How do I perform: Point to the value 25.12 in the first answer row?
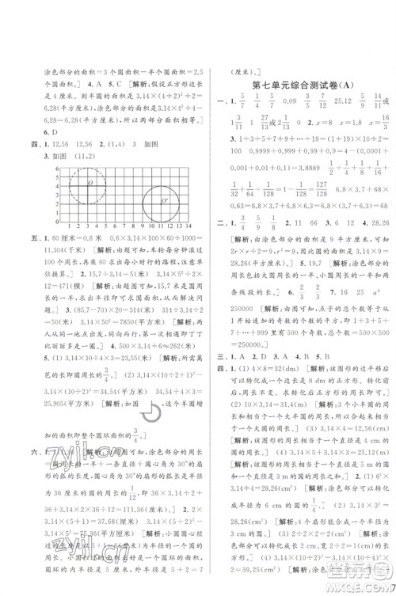329,101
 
